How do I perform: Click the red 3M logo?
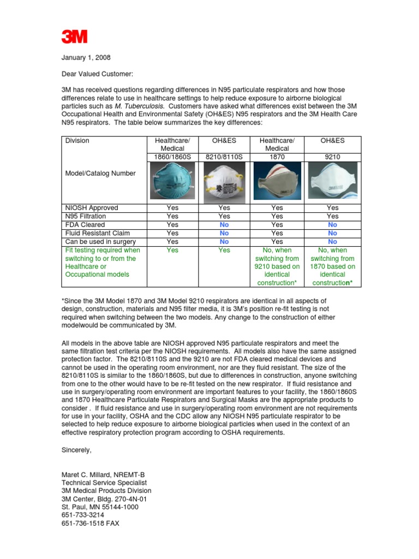tap(74, 37)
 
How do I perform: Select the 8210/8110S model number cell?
tap(224, 157)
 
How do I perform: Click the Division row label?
tap(77, 141)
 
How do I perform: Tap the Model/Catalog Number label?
tap(100, 174)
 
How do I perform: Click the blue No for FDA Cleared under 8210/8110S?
tap(224, 224)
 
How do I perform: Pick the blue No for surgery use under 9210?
tap(333, 241)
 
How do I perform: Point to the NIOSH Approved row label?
tap(92, 208)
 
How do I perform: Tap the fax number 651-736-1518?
tap(90, 523)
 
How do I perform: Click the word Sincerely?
tap(77, 450)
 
